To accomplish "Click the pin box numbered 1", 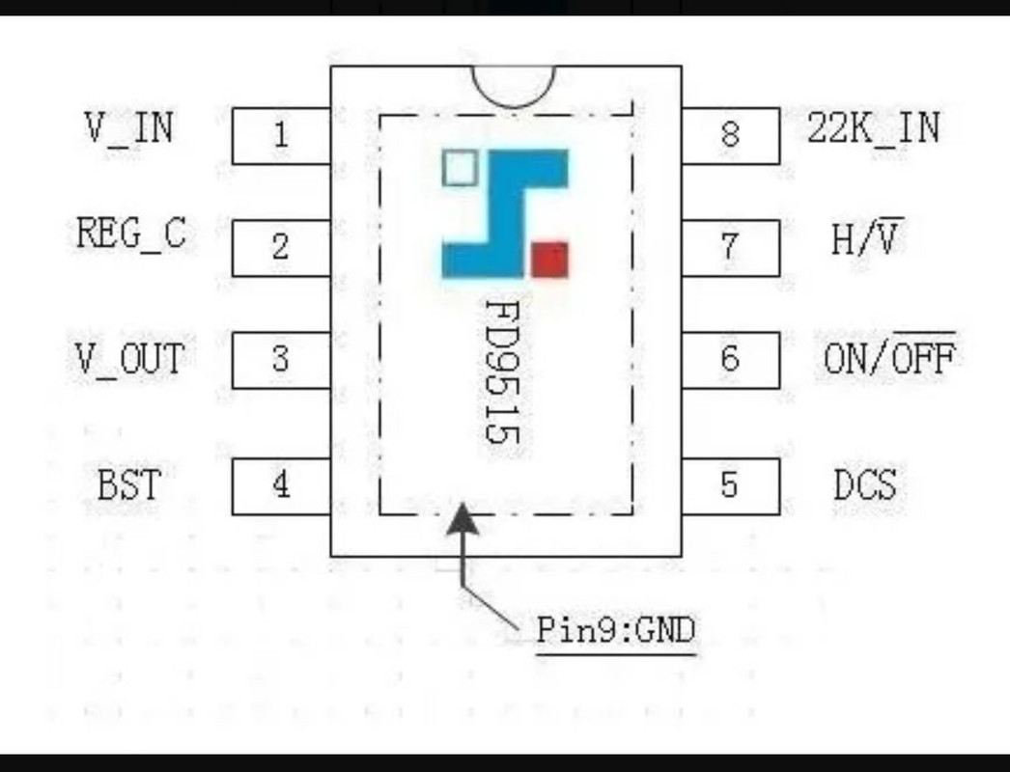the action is click(282, 136).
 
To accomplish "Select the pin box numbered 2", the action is click(282, 248).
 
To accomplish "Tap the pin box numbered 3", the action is click(282, 360).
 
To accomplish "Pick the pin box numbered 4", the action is click(282, 486).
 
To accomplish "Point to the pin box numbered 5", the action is click(730, 486).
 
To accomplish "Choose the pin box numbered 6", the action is click(730, 360).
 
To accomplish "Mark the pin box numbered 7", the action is click(730, 248).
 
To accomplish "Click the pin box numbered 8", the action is click(730, 136).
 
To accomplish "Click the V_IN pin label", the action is click(128, 128).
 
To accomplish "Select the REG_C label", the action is click(130, 234).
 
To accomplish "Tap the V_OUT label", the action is click(130, 359).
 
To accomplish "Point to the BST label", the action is click(128, 484).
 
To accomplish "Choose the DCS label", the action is click(864, 484).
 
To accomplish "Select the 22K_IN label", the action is click(874, 127).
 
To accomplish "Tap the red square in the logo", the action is click(549, 260).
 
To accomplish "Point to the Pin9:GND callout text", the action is click(616, 630).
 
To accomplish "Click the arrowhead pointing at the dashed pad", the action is click(463, 519).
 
